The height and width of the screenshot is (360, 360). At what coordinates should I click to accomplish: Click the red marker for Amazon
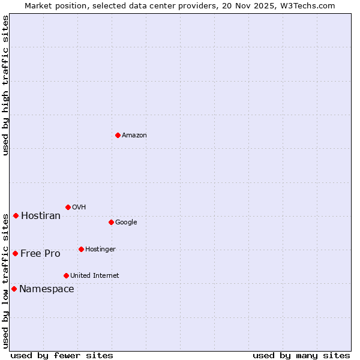click(118, 135)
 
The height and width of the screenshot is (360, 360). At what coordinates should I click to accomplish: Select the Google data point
click(111, 222)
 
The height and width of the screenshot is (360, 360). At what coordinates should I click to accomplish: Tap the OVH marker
click(68, 207)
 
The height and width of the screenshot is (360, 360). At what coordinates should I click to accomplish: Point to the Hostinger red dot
click(81, 249)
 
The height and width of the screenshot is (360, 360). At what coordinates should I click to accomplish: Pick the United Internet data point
click(66, 275)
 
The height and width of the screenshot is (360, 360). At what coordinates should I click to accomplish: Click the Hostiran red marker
click(16, 215)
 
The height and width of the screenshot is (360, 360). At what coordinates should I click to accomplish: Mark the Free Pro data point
click(15, 253)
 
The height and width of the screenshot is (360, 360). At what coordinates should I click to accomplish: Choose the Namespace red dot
click(14, 289)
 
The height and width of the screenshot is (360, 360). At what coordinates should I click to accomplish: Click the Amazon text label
click(134, 136)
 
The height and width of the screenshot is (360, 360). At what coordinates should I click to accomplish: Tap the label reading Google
click(126, 223)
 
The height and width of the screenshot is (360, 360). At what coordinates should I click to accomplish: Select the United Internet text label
click(95, 276)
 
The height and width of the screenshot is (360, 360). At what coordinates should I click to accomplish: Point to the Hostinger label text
click(100, 250)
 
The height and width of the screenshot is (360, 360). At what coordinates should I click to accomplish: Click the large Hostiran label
click(41, 216)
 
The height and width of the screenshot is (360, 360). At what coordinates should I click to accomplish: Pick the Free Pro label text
click(40, 254)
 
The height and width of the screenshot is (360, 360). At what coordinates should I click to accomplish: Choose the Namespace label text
click(47, 289)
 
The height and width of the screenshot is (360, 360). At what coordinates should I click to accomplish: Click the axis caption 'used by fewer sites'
click(62, 355)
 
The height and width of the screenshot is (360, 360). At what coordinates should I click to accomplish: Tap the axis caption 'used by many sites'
click(301, 355)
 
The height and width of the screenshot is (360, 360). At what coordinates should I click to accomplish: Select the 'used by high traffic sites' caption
click(5, 85)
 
